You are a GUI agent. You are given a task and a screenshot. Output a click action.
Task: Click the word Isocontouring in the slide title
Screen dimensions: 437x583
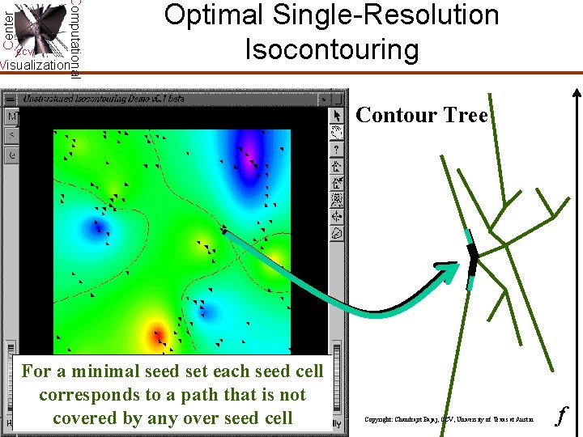332,49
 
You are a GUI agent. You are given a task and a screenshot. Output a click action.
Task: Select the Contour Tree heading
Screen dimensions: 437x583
422,116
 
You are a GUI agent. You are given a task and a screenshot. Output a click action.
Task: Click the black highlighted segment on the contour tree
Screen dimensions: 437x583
471,258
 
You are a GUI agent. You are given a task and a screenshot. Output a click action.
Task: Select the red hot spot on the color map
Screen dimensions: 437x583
155,333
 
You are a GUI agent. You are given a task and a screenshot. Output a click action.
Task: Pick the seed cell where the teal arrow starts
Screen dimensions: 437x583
224,231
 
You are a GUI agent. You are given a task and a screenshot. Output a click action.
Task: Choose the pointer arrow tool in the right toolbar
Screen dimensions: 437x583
338,117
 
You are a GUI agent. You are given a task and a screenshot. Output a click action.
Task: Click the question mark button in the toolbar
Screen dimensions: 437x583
338,149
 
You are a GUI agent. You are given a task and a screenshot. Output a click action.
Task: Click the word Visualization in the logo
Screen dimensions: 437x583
35,65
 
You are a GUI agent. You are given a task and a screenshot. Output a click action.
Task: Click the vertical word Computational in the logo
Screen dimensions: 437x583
74,36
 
